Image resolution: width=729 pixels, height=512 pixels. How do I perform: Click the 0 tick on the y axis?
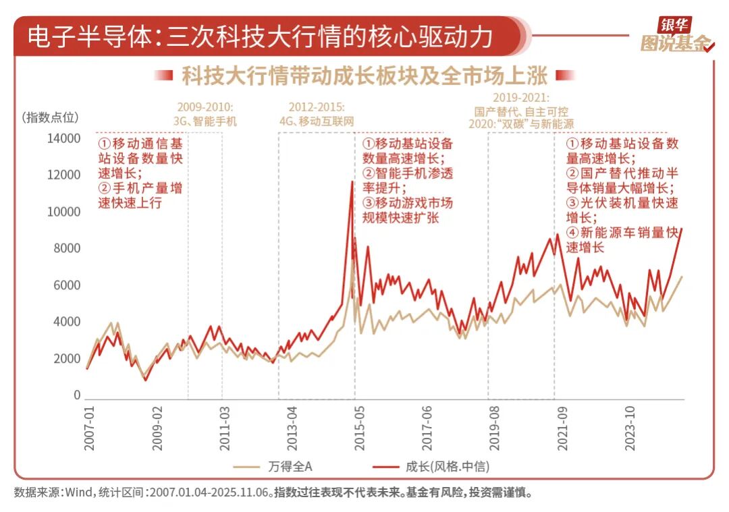[78, 395]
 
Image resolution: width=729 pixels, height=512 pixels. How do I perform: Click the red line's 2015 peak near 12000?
[352, 181]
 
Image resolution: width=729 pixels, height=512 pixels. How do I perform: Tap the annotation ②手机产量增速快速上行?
[140, 196]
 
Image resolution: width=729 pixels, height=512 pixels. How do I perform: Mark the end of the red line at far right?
[682, 229]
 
